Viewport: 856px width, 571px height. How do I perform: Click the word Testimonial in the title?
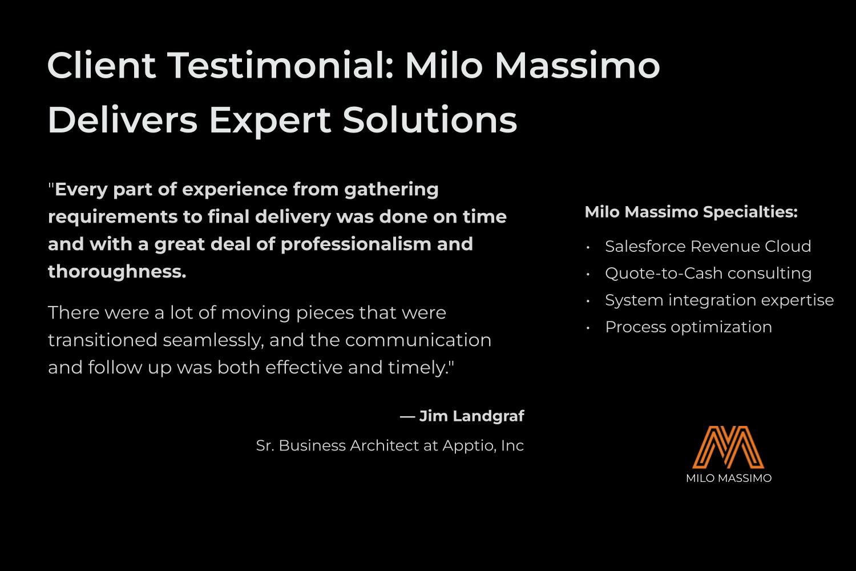pos(281,66)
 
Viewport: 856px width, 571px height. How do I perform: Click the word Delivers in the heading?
pos(123,120)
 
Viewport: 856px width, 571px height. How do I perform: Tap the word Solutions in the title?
pos(430,120)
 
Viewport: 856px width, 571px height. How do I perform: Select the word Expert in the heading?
pos(270,122)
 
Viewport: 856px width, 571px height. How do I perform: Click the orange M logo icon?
pos(728,447)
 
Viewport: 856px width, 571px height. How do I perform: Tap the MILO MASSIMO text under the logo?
pos(729,478)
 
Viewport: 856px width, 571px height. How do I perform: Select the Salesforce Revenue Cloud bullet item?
pos(708,246)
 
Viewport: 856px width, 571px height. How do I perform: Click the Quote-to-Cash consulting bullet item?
pos(708,274)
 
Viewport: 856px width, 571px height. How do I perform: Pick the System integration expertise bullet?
pos(720,300)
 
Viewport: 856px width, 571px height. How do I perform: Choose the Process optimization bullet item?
pos(689,327)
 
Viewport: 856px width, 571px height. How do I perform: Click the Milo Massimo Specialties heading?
pos(691,212)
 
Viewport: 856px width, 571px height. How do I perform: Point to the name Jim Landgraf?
pos(471,416)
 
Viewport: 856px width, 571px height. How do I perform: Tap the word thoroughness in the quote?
pos(117,272)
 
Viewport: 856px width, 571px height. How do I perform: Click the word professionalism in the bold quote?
pos(356,245)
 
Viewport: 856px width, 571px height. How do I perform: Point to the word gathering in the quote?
pos(391,190)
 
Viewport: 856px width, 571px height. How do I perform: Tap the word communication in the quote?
pos(418,340)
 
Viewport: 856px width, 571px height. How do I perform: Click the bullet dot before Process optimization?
pos(588,328)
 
